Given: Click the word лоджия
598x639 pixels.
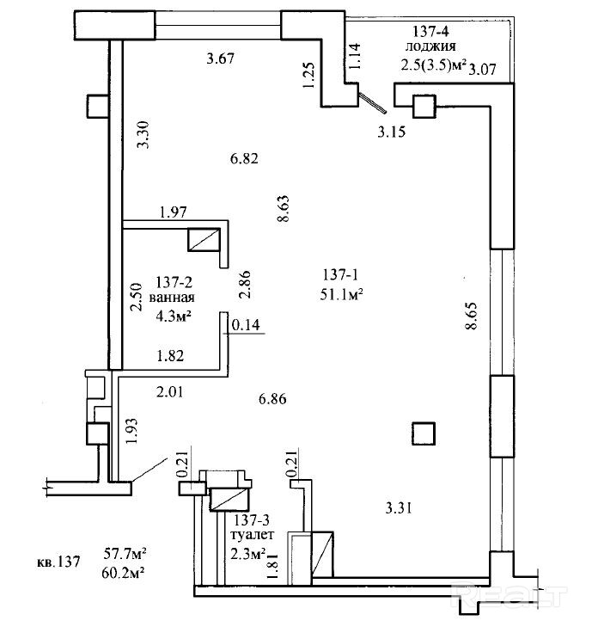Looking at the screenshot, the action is (x=432, y=47).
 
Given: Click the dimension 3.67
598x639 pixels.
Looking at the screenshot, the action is (x=221, y=58).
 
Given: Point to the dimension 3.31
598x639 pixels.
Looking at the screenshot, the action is (x=400, y=507).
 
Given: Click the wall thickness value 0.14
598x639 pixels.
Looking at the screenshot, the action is (x=245, y=325).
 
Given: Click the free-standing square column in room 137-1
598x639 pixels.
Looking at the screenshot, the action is (x=422, y=432).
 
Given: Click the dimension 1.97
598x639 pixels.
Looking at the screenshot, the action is (x=173, y=212).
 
